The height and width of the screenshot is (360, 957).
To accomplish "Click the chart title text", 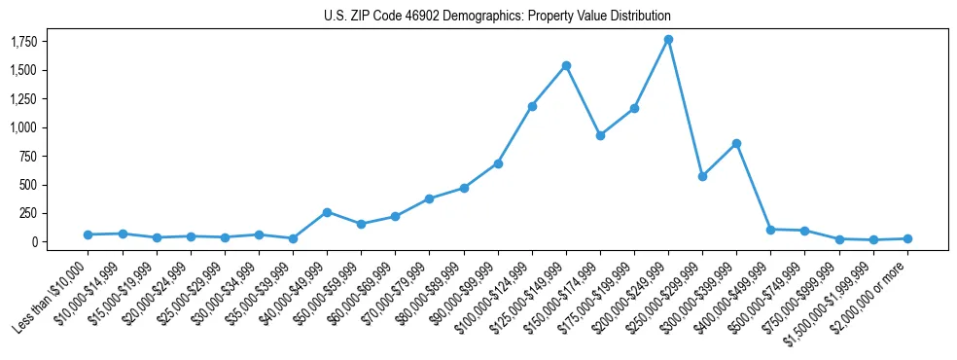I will (497, 17).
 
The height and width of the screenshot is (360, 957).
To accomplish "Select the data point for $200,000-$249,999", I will (668, 40).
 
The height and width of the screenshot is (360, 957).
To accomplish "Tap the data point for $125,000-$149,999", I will (566, 65).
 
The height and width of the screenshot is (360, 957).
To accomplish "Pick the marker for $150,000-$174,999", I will (600, 135).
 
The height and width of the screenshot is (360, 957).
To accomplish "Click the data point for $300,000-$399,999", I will (736, 143).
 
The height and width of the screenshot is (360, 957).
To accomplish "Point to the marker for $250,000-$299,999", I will (702, 176).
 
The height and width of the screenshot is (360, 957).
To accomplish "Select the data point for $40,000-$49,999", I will (327, 212).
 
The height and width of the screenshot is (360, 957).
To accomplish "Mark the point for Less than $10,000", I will (88, 234).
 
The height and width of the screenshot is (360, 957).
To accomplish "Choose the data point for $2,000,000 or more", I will (907, 238).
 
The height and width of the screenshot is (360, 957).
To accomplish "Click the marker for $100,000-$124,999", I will (532, 106).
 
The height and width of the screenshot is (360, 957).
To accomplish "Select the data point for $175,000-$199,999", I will (634, 108).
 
